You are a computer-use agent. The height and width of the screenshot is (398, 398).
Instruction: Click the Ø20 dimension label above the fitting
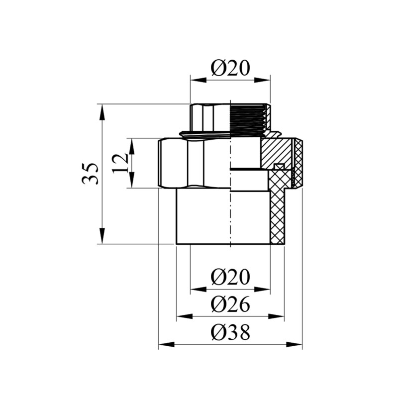230,68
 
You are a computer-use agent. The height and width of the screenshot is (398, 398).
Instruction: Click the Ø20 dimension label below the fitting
230,277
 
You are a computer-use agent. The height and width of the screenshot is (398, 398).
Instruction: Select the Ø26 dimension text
230,304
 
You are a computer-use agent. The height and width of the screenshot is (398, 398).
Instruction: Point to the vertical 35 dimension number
90,174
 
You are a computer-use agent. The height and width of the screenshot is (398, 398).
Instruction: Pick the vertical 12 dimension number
120,163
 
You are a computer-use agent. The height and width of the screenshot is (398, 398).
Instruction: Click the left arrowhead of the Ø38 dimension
167,344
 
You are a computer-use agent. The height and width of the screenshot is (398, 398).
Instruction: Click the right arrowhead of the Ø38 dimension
294,344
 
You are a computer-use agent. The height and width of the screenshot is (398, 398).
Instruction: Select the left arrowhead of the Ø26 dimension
185,316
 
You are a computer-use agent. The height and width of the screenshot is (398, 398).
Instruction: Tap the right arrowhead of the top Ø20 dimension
262,80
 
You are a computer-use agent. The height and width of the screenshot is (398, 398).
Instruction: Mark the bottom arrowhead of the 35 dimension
102,236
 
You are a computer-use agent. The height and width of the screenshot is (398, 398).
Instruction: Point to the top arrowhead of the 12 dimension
132,147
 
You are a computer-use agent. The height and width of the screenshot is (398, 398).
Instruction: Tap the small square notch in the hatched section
279,167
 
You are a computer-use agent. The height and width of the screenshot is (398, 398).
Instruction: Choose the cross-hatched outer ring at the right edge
299,163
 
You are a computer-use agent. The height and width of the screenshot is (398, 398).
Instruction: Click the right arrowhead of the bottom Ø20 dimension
262,289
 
